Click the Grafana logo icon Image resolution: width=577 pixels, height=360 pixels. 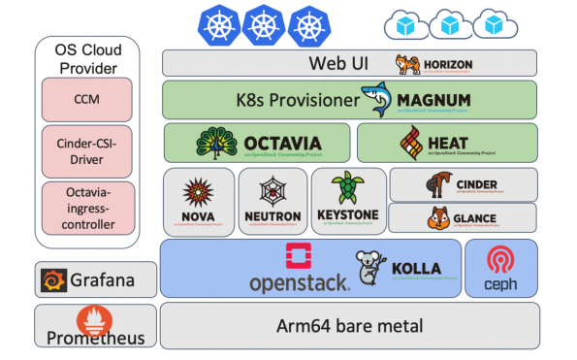click(53, 281)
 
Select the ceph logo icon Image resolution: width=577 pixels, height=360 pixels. click(500, 261)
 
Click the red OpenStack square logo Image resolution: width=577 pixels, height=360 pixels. click(299, 256)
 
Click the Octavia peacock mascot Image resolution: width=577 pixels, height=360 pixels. click(217, 142)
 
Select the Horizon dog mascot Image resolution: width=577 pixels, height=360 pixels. click(405, 64)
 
